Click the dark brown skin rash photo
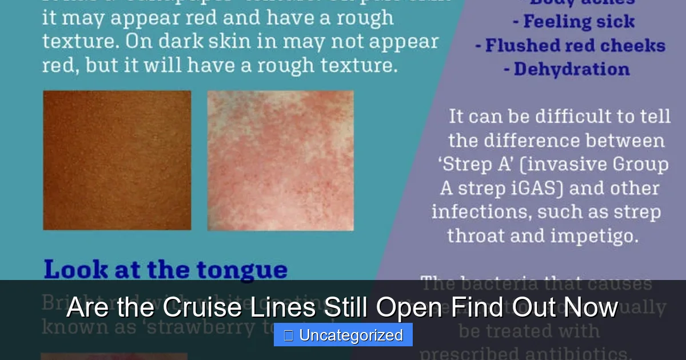point(117,160)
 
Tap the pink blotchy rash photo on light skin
point(280,160)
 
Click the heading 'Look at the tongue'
point(166,270)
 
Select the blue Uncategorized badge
point(343,335)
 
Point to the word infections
point(478,212)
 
